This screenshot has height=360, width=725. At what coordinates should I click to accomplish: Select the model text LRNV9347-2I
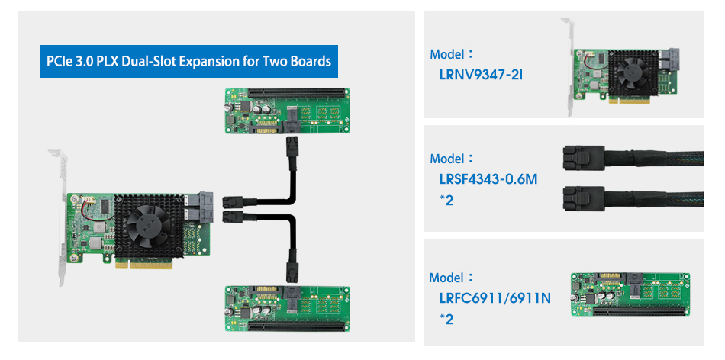480,76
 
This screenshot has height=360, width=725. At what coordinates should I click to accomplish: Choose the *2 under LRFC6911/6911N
446,319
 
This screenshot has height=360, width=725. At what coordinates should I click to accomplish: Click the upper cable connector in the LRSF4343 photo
580,159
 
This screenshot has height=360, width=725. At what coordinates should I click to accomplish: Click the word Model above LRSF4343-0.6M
447,159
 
